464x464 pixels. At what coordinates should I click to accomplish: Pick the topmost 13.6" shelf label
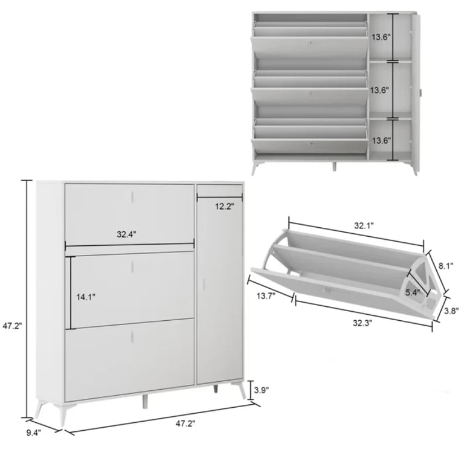coord(381,37)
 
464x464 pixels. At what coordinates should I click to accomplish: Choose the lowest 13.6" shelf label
coord(381,140)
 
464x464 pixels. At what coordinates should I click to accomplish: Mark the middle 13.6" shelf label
coord(380,90)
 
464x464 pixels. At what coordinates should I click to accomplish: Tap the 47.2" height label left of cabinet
coord(13,326)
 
